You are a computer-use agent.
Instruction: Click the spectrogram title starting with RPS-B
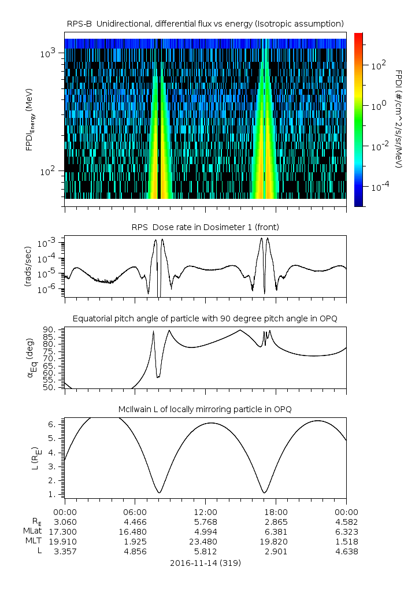(x=205, y=23)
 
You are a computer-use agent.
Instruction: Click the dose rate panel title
(x=205, y=227)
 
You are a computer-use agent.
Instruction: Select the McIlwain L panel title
(x=205, y=409)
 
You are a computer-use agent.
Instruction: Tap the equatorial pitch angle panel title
(x=205, y=318)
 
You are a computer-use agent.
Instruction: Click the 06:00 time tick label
(x=135, y=512)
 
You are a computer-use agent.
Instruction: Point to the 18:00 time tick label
(x=276, y=512)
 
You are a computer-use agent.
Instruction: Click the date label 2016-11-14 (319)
(x=205, y=562)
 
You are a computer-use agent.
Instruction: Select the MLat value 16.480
(x=135, y=531)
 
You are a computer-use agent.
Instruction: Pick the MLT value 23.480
(x=205, y=542)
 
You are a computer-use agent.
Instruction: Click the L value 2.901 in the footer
(x=276, y=551)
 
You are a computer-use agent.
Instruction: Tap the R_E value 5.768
(x=205, y=521)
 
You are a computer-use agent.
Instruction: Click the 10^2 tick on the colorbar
(x=378, y=66)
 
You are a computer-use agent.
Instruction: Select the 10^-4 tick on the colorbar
(x=379, y=187)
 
